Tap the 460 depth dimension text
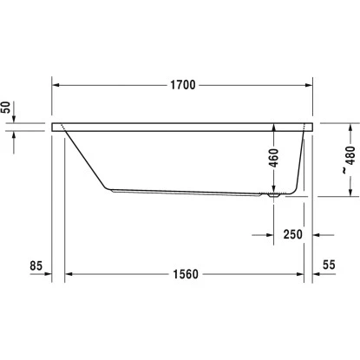pos(274,159)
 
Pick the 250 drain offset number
pos(292,234)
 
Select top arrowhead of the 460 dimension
pos(274,127)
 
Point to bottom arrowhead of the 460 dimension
pos(274,190)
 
